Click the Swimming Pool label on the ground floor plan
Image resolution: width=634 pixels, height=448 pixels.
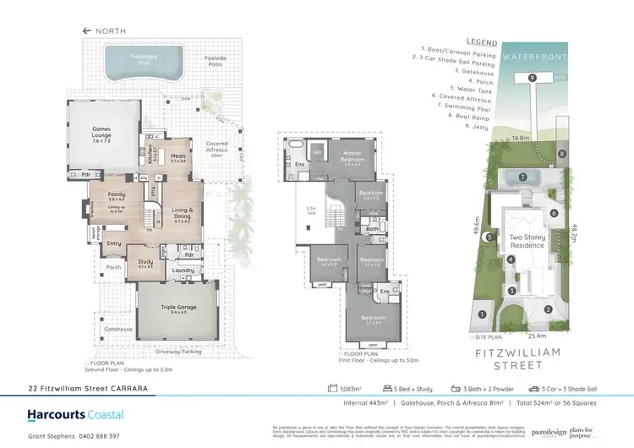pyautogui.click(x=136, y=60)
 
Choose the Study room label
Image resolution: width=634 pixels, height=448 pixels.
pyautogui.click(x=145, y=262)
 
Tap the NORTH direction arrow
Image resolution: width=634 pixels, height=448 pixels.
pyautogui.click(x=86, y=30)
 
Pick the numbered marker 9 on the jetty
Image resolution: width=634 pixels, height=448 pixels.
pyautogui.click(x=532, y=78)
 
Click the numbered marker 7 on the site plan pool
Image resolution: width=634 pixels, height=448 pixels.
pyautogui.click(x=523, y=178)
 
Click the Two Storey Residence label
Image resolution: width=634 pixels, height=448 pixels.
pyautogui.click(x=527, y=242)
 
